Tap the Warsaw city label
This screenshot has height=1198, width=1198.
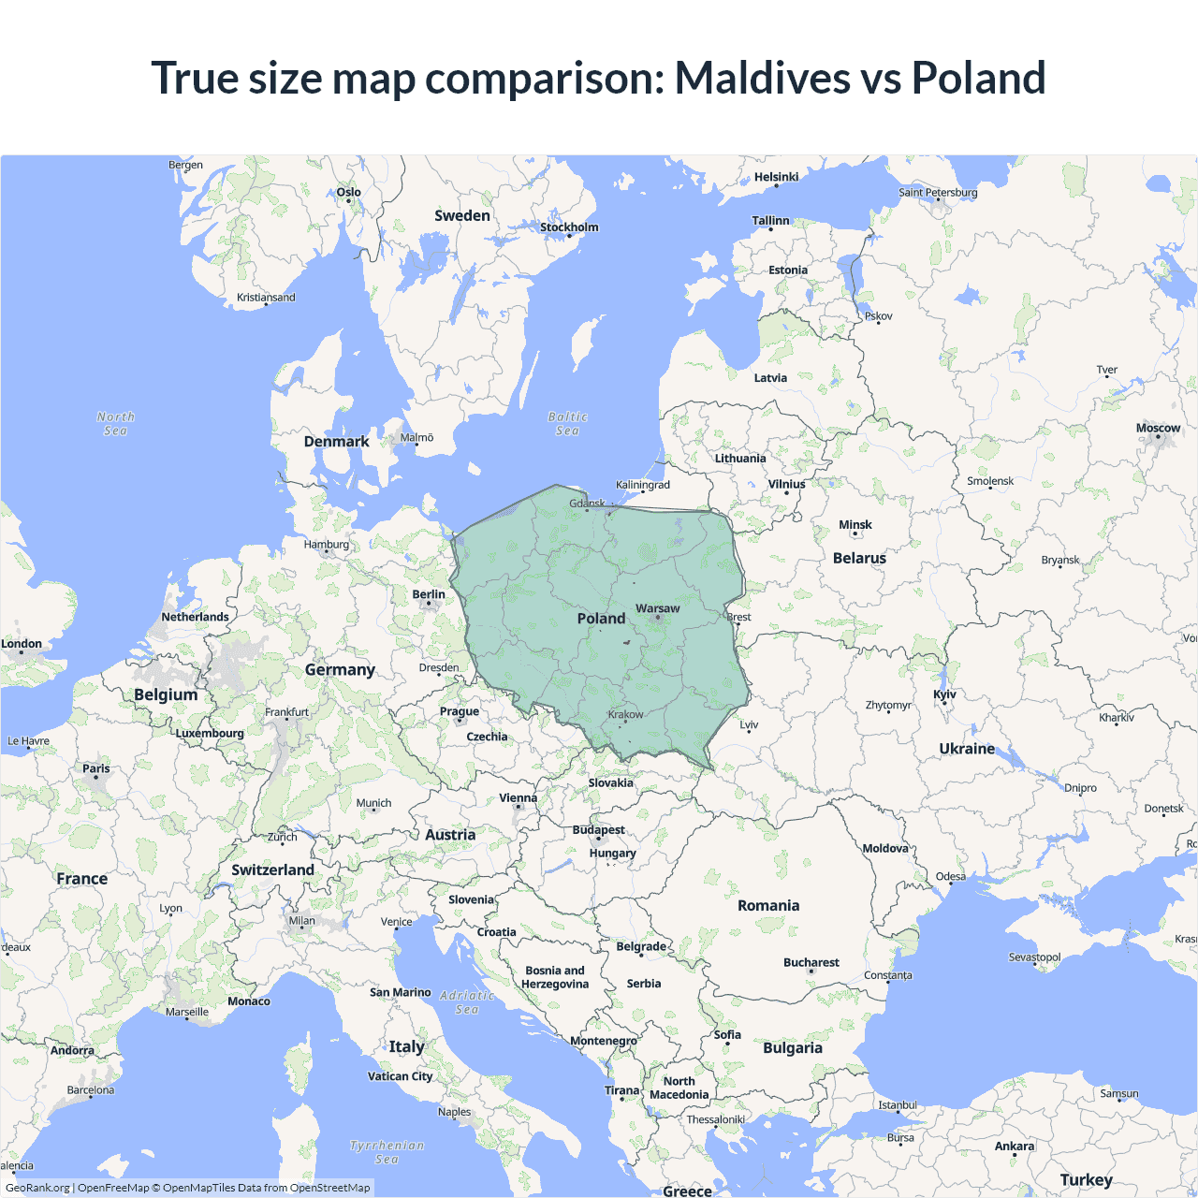657,608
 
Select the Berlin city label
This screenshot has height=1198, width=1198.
429,594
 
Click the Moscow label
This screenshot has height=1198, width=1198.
1158,428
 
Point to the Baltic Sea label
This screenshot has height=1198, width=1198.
567,423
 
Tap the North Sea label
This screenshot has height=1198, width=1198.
115,423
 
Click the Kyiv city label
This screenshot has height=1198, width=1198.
944,694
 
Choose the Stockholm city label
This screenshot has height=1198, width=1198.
569,226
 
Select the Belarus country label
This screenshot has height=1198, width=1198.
859,558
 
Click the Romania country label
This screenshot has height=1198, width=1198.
768,905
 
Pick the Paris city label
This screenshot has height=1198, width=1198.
95,768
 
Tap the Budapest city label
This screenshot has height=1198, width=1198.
598,830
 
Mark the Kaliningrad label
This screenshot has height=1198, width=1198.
643,485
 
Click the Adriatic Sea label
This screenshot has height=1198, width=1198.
466,1002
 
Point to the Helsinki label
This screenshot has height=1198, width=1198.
776,177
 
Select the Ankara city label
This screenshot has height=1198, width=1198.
1015,1146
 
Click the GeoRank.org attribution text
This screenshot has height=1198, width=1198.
37,1188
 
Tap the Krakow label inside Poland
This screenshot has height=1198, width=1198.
625,714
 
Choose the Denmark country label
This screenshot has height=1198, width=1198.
336,441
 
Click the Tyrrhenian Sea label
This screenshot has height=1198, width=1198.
387,1152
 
